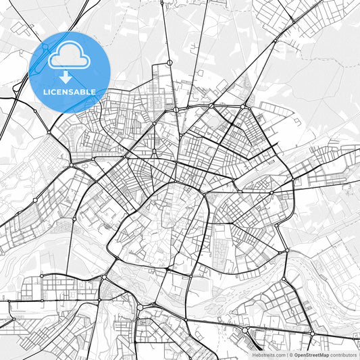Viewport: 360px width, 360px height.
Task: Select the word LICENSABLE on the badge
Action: click(x=70, y=92)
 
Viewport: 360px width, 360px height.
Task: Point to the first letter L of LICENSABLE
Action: click(x=45, y=92)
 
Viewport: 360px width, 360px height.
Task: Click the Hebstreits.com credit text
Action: click(x=269, y=355)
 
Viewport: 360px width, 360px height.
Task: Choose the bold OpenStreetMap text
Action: click(x=311, y=355)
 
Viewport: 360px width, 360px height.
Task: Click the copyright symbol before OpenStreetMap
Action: click(x=290, y=355)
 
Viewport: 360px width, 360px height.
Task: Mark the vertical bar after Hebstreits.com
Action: click(x=286, y=355)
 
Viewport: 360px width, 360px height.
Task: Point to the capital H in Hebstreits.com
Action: click(x=254, y=355)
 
